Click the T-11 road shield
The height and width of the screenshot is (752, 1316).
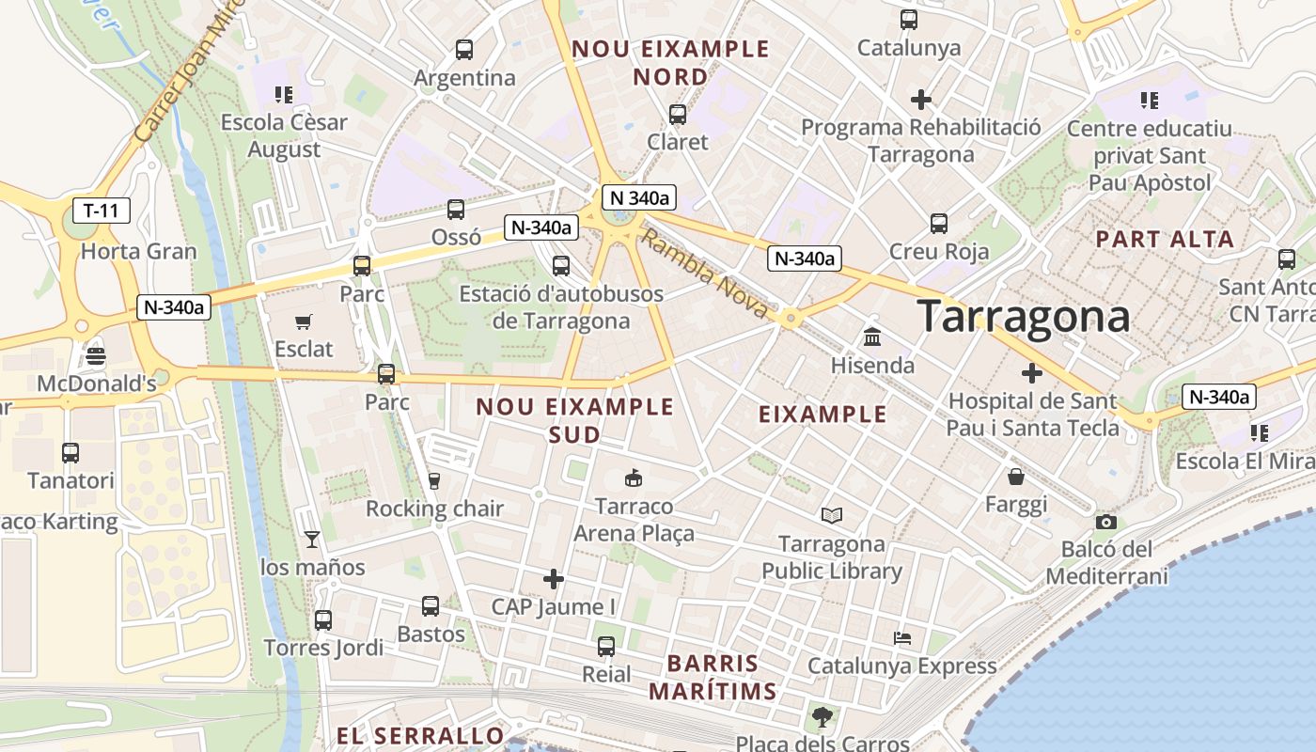tap(101, 210)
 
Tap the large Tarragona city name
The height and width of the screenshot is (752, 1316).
tap(1023, 316)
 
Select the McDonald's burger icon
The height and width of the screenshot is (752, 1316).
tap(96, 356)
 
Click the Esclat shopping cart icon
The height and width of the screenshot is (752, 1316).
tap(303, 322)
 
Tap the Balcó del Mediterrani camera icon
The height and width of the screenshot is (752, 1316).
tap(1106, 522)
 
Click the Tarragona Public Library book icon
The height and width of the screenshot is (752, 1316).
tap(831, 515)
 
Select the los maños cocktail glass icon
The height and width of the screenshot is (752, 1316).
tap(312, 539)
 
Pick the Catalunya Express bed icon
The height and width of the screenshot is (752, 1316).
tap(902, 638)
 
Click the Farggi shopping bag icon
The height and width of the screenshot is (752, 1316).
tap(1015, 477)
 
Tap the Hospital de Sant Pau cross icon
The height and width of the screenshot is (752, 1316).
tap(1032, 373)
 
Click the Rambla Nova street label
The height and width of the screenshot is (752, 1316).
tap(704, 274)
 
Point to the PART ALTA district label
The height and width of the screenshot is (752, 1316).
tap(1165, 239)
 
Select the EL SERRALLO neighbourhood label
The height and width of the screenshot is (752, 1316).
tap(420, 735)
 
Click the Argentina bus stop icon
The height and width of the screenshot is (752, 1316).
tap(463, 50)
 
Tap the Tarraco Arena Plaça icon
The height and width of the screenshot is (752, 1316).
tap(634, 478)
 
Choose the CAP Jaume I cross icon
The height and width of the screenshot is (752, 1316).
tap(554, 578)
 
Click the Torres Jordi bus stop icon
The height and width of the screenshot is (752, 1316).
tap(323, 620)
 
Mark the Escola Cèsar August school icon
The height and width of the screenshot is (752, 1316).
tap(284, 94)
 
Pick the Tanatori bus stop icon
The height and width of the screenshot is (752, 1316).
tap(70, 453)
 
